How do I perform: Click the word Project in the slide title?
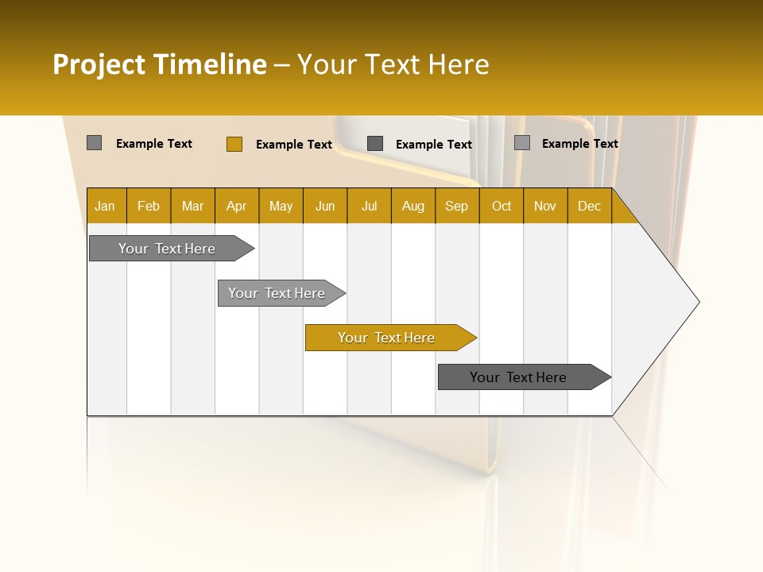coord(99,64)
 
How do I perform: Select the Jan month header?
coord(105,206)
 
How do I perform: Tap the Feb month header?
coord(149,206)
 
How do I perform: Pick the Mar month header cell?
coord(192,206)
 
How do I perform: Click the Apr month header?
coord(237,206)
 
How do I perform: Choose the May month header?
coord(281,206)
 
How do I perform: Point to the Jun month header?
coord(325,206)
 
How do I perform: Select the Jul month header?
coord(369,206)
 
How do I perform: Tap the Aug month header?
coord(413,206)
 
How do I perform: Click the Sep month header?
coord(457,206)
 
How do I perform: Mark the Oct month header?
coord(502,206)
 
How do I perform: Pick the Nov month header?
coord(545,206)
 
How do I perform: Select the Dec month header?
coord(589,206)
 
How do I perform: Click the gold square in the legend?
coord(234,144)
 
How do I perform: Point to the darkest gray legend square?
coord(375,144)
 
